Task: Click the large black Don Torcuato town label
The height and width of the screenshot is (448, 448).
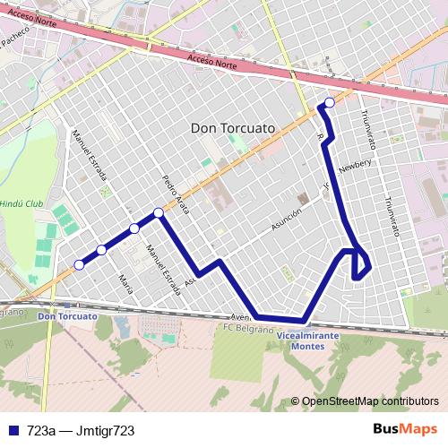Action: click(232, 128)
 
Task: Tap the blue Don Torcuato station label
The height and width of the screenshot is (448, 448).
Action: click(67, 317)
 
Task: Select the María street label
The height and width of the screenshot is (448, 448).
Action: click(124, 285)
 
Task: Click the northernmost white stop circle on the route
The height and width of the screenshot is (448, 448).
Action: click(330, 102)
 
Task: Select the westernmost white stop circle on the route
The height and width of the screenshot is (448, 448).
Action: click(79, 264)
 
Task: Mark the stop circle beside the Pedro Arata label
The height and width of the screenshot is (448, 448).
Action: click(159, 212)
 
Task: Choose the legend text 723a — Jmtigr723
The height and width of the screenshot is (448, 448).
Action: click(81, 431)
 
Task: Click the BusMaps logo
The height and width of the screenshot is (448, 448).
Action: click(411, 430)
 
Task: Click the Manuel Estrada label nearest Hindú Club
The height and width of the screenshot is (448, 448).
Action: click(89, 156)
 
